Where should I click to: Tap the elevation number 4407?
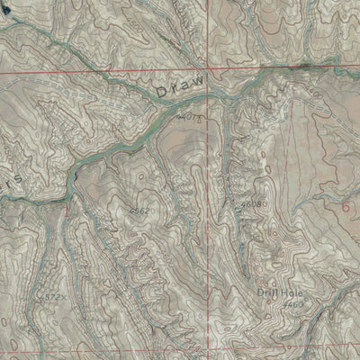(190, 118)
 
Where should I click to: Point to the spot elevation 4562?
(139, 210)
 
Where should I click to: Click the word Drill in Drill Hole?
(267, 292)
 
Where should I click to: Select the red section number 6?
(346, 205)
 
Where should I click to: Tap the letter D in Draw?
(161, 93)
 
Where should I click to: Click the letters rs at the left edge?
(12, 180)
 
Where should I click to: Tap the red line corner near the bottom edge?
(213, 348)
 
